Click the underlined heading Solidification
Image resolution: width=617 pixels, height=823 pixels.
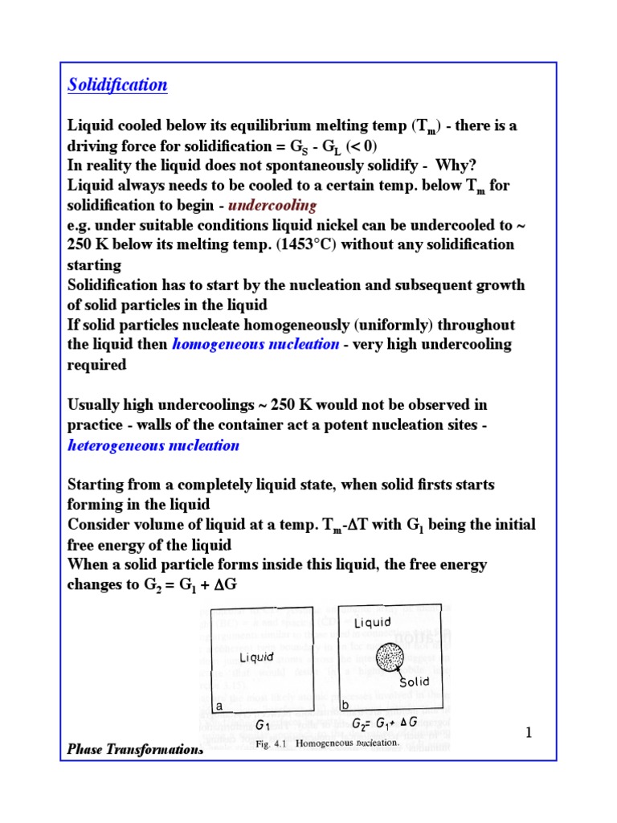(117, 84)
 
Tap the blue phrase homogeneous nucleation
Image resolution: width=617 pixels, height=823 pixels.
(255, 344)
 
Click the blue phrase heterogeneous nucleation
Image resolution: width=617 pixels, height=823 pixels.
(153, 444)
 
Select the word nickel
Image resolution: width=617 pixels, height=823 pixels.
(354, 224)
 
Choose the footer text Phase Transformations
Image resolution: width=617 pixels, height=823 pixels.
(134, 750)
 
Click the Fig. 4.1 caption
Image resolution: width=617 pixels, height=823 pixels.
(327, 743)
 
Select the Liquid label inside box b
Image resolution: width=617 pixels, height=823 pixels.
(372, 622)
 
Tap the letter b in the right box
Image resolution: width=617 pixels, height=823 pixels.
(345, 705)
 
